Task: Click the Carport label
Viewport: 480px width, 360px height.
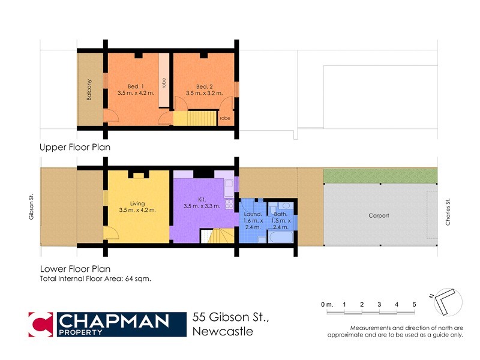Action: [379, 215]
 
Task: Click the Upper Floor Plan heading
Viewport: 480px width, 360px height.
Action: [74, 147]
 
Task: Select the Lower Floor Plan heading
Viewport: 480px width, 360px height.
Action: [74, 269]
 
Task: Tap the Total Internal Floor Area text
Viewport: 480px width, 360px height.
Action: [95, 279]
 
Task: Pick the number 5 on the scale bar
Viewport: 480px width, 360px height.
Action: [414, 305]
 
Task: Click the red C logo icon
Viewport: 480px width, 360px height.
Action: [40, 324]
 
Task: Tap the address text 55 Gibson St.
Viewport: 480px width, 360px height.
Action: [230, 318]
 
